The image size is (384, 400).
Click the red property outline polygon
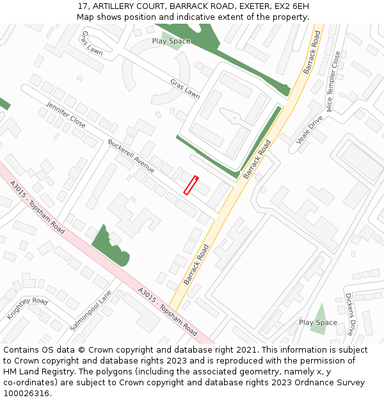(191, 185)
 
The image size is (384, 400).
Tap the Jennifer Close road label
(66, 114)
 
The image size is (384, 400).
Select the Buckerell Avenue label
(131, 156)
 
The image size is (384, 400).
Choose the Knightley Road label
(28, 309)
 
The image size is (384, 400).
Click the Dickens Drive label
(349, 314)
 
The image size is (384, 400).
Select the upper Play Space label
(171, 41)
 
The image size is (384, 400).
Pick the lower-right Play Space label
(317, 323)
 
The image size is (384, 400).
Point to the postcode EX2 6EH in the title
(291, 6)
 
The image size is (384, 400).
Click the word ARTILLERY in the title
(112, 6)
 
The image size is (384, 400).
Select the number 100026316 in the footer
(26, 393)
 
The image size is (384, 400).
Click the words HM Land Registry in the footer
(36, 371)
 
